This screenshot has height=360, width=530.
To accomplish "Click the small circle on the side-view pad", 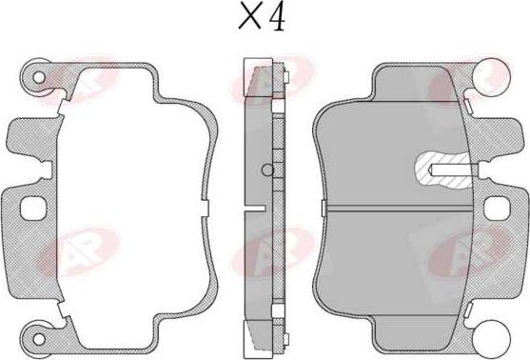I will pos(267,170).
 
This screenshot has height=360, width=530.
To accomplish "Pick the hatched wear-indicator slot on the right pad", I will pos(442,170).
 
